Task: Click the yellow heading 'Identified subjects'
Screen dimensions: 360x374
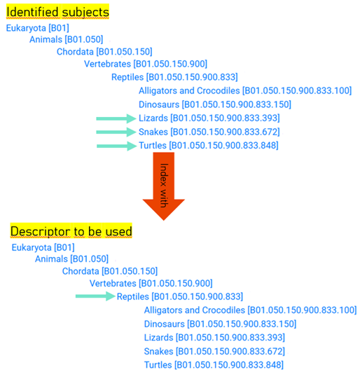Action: tap(57, 12)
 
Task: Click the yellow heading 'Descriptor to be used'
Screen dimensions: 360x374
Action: tap(71, 231)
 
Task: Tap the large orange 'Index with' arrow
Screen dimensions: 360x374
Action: tap(164, 186)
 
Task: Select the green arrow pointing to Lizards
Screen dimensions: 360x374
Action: tap(116, 118)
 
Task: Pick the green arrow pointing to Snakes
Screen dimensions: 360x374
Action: tap(116, 132)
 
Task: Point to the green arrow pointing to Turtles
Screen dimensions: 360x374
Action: tap(117, 146)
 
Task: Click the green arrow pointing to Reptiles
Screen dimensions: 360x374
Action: tap(95, 296)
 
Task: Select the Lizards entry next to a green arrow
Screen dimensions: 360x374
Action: tap(209, 118)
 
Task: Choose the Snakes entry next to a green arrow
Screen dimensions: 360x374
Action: tap(209, 132)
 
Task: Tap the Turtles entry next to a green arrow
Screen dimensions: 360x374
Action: tap(209, 146)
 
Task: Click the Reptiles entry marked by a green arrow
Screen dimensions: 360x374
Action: tap(180, 297)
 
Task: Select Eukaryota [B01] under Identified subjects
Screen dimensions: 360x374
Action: tap(37, 28)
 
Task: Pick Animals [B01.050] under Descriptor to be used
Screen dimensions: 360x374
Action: tap(72, 259)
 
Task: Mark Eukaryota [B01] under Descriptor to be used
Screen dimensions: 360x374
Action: tap(43, 248)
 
